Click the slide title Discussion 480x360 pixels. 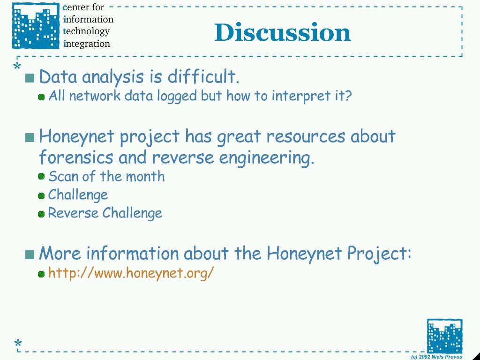point(282,32)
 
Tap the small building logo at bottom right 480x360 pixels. point(444,336)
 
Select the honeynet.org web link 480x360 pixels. point(131,272)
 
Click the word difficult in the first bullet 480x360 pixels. point(203,76)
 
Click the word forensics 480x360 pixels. point(76,157)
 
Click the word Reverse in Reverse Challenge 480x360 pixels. point(73,213)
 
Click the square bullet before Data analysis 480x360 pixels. point(30,78)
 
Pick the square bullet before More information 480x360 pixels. point(30,255)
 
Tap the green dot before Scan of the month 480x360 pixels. point(41,177)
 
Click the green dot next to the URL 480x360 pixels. point(41,274)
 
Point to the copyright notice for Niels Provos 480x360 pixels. point(436,357)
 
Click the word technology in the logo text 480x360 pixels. point(86,31)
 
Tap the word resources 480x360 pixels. point(306,136)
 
